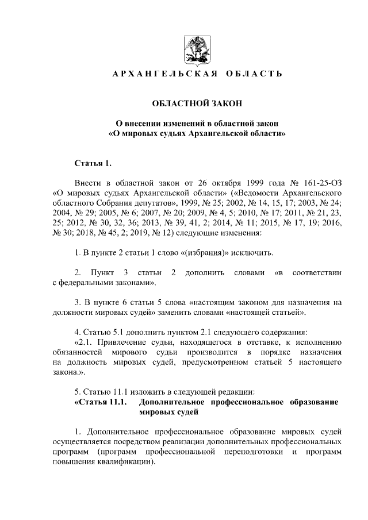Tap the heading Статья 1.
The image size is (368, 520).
coord(91,164)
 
